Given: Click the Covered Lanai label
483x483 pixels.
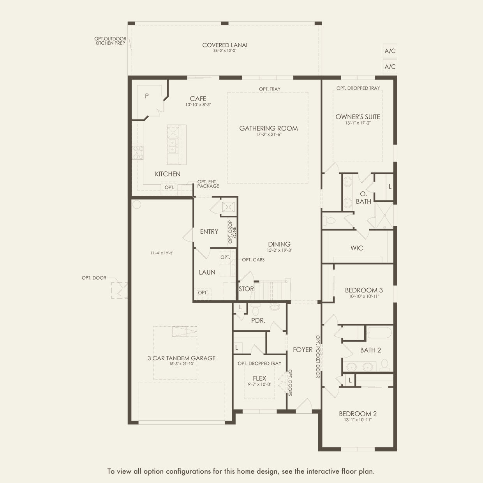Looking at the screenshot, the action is point(225,45).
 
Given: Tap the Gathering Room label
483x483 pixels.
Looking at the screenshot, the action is point(268,128).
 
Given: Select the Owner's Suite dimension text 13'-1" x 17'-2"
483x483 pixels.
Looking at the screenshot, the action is point(358,123).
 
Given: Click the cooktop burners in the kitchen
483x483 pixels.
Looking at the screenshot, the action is point(138,153).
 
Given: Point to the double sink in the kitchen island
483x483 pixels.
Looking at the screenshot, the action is point(173,146).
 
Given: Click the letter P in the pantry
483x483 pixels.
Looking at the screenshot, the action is point(147,96).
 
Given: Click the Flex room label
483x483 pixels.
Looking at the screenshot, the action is point(259,378).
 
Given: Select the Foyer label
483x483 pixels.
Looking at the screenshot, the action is point(303,349).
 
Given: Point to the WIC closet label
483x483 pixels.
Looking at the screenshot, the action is point(357,248).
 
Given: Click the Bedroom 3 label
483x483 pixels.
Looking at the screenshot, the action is point(364,290).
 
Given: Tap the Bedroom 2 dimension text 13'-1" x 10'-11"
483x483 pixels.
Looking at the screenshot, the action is point(358,420).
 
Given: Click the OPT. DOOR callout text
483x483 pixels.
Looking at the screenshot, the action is point(94,278).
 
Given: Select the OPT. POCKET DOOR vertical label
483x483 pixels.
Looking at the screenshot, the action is point(318,357).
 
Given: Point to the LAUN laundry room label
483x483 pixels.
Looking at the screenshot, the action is point(207,272).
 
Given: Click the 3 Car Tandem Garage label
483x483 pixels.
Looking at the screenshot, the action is point(182,358).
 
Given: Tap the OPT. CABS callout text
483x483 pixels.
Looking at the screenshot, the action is point(253,260).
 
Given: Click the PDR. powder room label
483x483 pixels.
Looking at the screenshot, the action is point(258,320).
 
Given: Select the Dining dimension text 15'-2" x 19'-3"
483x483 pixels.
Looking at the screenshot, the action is point(279,250).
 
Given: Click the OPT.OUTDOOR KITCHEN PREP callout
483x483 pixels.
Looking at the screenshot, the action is point(110,41).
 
